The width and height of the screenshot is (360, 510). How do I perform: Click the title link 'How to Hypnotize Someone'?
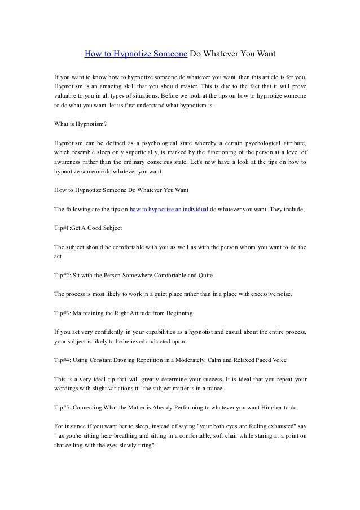[x=135, y=55]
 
